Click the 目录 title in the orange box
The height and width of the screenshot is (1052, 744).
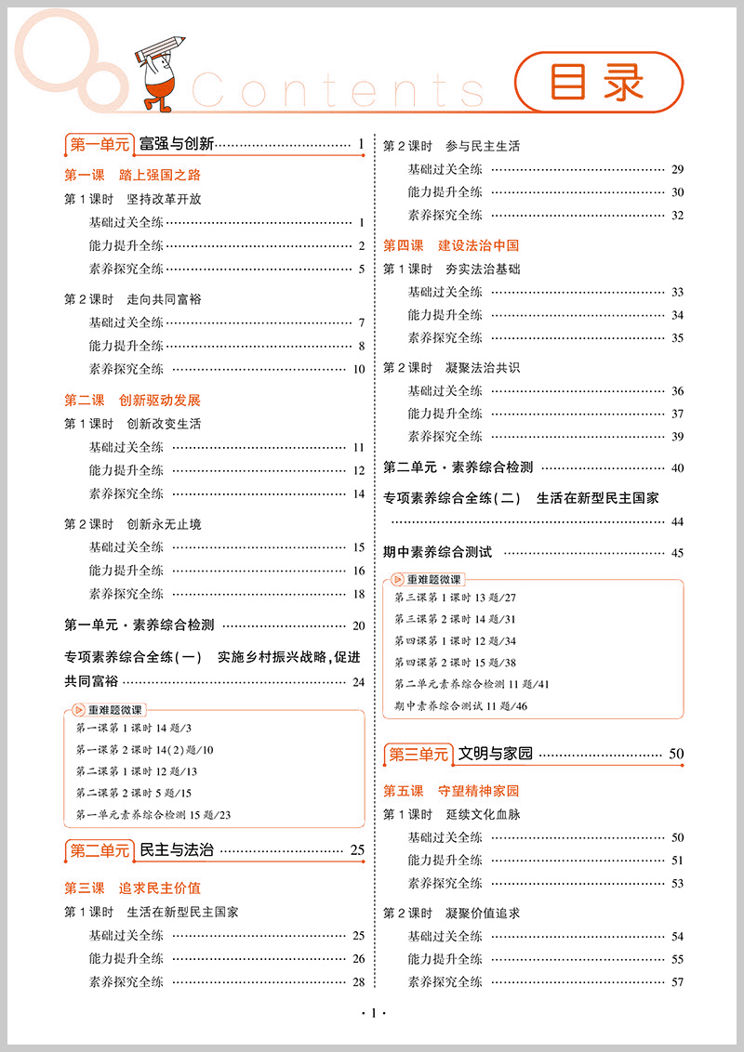(x=597, y=83)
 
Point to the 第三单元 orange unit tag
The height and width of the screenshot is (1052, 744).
(x=418, y=754)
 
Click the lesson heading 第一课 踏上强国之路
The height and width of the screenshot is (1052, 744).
(x=132, y=174)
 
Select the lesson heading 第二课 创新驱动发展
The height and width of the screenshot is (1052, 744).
(x=132, y=401)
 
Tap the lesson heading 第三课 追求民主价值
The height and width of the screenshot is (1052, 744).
(x=132, y=888)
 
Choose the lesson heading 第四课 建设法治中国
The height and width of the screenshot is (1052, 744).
(x=451, y=245)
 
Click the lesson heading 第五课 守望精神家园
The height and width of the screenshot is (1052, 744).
(x=451, y=791)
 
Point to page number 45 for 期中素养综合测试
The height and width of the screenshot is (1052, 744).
(x=676, y=553)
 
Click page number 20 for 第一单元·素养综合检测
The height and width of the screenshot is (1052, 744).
(x=358, y=625)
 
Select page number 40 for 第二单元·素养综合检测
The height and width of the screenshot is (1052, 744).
(x=676, y=468)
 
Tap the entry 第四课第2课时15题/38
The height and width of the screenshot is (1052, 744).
(x=455, y=663)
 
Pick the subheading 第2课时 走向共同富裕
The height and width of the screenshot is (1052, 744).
(x=132, y=299)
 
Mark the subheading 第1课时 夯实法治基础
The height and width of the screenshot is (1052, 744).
(x=452, y=269)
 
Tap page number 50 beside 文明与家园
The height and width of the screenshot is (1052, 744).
(x=676, y=754)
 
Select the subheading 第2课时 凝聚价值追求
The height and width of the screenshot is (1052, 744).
(x=452, y=913)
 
